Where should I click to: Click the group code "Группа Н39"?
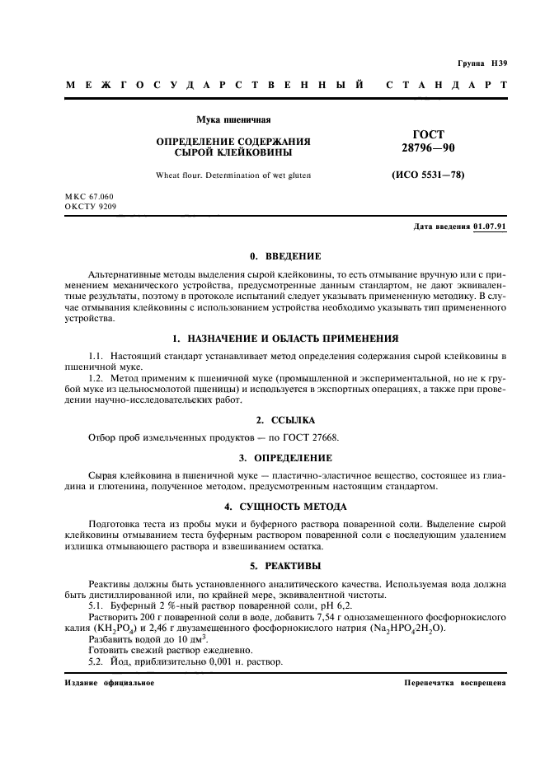pos(482,63)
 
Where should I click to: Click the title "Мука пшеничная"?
pos(233,121)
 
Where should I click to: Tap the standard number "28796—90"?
pos(427,147)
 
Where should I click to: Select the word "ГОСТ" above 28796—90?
pos(427,134)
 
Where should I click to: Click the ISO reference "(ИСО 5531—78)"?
pos(427,175)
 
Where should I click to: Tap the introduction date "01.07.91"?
pos(491,227)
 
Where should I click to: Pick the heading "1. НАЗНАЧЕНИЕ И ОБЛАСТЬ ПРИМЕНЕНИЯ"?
pos(284,338)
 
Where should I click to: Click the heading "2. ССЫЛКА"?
pos(284,419)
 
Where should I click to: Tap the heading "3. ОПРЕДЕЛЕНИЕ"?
pos(284,457)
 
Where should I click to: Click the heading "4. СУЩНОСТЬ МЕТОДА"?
pos(284,506)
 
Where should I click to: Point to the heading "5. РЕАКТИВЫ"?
pos(284,566)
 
